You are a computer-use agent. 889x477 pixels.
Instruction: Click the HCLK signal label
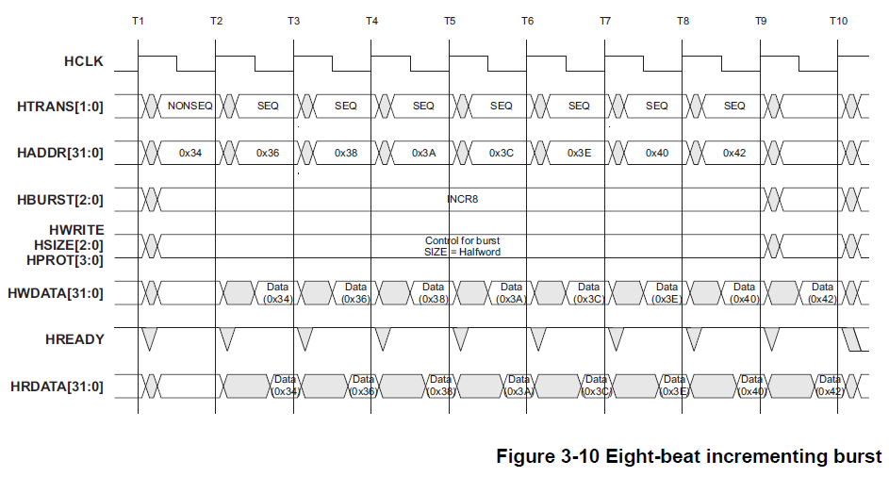tap(83, 62)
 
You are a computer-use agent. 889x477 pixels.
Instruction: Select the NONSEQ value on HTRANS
tap(189, 106)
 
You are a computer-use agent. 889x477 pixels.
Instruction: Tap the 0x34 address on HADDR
tap(189, 152)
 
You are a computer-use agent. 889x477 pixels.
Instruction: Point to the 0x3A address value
tap(423, 152)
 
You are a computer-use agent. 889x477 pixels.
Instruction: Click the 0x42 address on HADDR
tap(734, 152)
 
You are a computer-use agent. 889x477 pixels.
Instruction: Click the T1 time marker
tap(138, 21)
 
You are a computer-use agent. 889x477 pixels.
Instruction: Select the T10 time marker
tap(838, 21)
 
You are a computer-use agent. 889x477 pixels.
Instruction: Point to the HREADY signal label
tap(76, 338)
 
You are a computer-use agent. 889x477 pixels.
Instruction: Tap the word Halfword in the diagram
tap(479, 252)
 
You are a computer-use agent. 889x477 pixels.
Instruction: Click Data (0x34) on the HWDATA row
tap(277, 292)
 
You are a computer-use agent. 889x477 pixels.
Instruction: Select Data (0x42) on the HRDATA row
tap(829, 385)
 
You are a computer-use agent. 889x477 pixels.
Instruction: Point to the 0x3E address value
tap(579, 152)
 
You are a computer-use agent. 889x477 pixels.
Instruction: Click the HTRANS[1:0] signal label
tap(60, 107)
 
